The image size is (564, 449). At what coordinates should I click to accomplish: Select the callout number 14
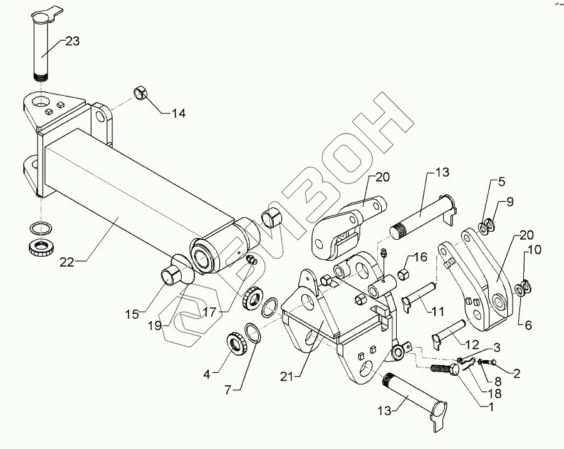[179, 113]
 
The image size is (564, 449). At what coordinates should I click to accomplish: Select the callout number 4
[207, 376]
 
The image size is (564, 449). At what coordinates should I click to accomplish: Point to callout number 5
[501, 183]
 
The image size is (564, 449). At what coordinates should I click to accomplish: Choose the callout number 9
[510, 202]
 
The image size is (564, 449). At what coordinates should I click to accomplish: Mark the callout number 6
[528, 325]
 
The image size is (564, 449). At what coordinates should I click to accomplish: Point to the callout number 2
[517, 374]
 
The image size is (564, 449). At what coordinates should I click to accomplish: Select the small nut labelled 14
[141, 95]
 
